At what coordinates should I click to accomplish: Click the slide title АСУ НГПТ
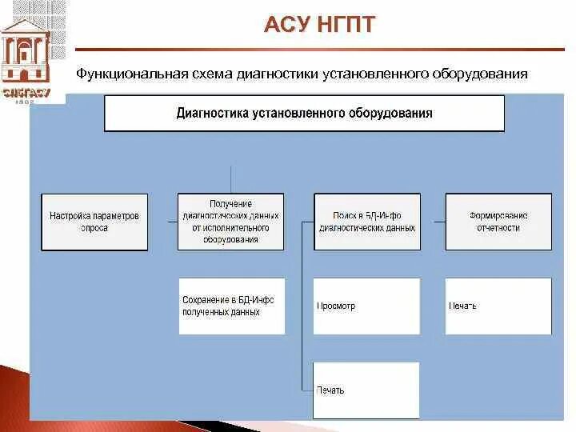click(319, 25)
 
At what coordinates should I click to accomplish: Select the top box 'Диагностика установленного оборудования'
click(304, 113)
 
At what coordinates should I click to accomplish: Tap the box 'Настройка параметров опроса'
click(94, 222)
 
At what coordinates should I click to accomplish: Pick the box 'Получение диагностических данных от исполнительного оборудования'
click(230, 222)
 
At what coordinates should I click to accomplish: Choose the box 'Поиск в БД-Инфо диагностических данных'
click(366, 222)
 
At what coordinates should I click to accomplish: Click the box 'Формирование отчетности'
click(498, 222)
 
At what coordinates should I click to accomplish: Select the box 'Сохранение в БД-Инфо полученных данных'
click(230, 306)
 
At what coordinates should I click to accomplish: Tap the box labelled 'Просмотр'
click(366, 306)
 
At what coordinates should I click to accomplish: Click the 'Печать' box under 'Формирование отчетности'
click(498, 306)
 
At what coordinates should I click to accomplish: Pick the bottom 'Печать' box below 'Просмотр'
click(366, 390)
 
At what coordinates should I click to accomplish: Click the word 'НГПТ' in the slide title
click(346, 25)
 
